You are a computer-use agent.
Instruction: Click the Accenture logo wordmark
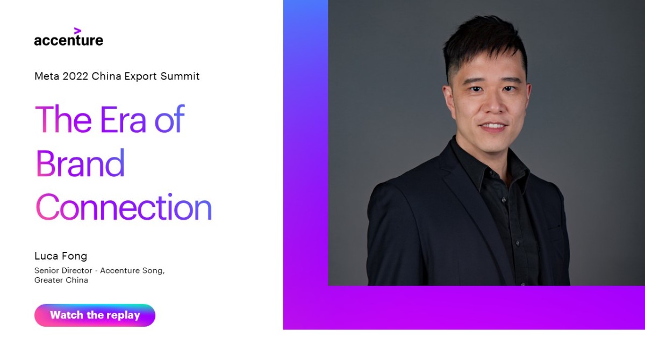coord(68,40)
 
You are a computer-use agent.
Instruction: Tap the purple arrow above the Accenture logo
coord(77,31)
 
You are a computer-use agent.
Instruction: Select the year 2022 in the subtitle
coord(75,76)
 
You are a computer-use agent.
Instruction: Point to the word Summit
coord(180,76)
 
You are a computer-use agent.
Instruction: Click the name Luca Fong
coord(61,256)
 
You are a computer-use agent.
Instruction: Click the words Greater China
coord(61,280)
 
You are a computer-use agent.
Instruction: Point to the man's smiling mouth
coord(493,127)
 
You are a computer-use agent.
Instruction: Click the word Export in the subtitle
coord(139,76)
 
